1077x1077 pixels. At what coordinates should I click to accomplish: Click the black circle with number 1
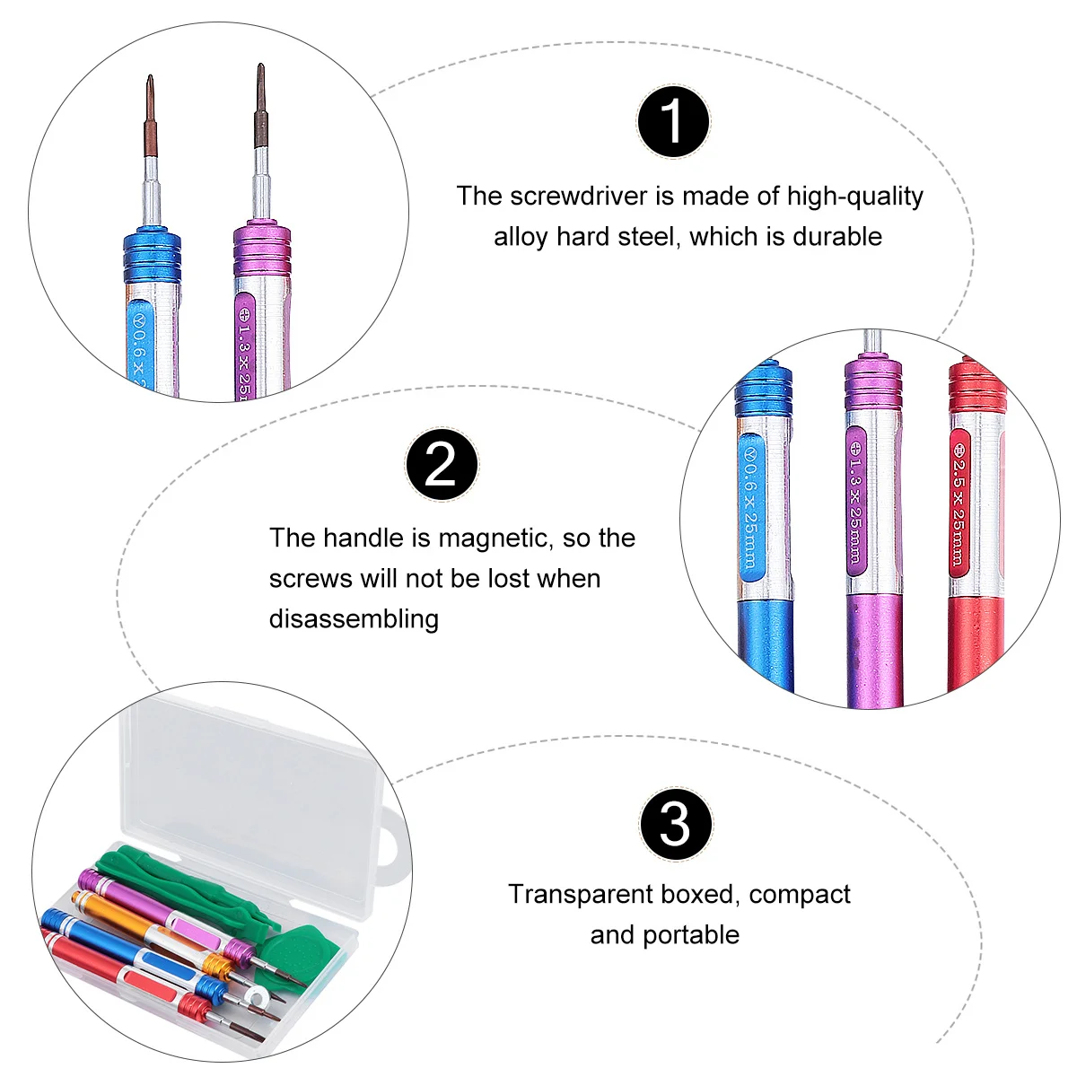click(x=673, y=121)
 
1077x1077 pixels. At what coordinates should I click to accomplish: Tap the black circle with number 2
click(x=441, y=464)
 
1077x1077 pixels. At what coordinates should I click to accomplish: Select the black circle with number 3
click(x=676, y=824)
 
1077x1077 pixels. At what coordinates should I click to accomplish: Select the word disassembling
click(x=354, y=618)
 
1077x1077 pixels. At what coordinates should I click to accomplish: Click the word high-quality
click(x=854, y=196)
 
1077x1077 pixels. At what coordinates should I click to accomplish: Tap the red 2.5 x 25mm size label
click(x=959, y=503)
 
